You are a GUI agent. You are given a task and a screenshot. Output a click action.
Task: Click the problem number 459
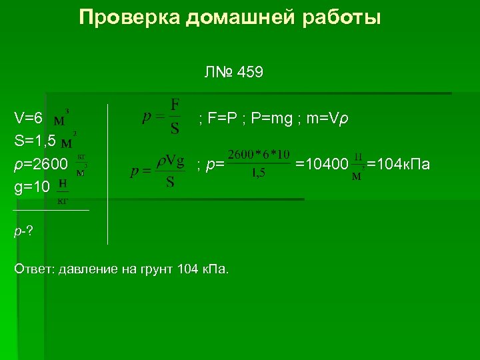[250, 73]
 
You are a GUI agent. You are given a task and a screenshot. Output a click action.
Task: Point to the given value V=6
[29, 119]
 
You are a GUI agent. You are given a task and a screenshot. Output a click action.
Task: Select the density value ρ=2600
[41, 164]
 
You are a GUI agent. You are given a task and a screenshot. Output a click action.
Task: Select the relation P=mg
[277, 119]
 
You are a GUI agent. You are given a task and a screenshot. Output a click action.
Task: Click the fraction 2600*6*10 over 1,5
[259, 163]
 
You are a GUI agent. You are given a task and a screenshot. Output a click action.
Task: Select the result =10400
[322, 164]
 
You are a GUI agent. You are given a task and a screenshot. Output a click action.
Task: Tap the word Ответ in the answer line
[33, 269]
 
